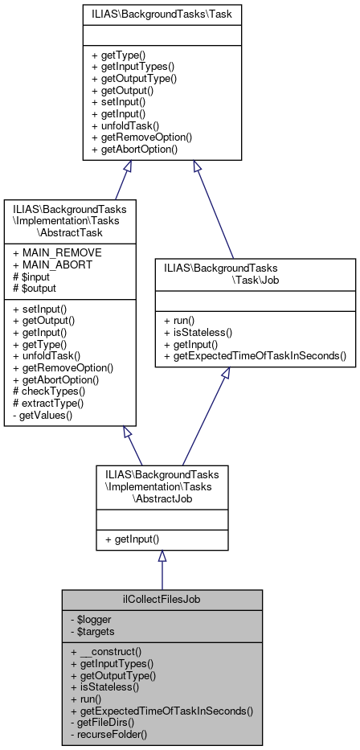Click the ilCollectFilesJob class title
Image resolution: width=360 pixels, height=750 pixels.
[162, 600]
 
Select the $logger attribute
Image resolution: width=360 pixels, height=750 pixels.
[90, 619]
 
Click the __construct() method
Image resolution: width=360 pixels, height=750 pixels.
[106, 651]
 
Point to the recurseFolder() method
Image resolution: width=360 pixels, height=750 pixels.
[112, 734]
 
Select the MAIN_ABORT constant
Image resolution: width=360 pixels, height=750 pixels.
[48, 264]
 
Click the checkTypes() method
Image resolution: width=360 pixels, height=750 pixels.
[53, 391]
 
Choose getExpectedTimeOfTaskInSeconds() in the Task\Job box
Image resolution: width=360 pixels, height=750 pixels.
[254, 355]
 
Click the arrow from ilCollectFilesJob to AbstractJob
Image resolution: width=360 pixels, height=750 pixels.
[162, 570]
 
